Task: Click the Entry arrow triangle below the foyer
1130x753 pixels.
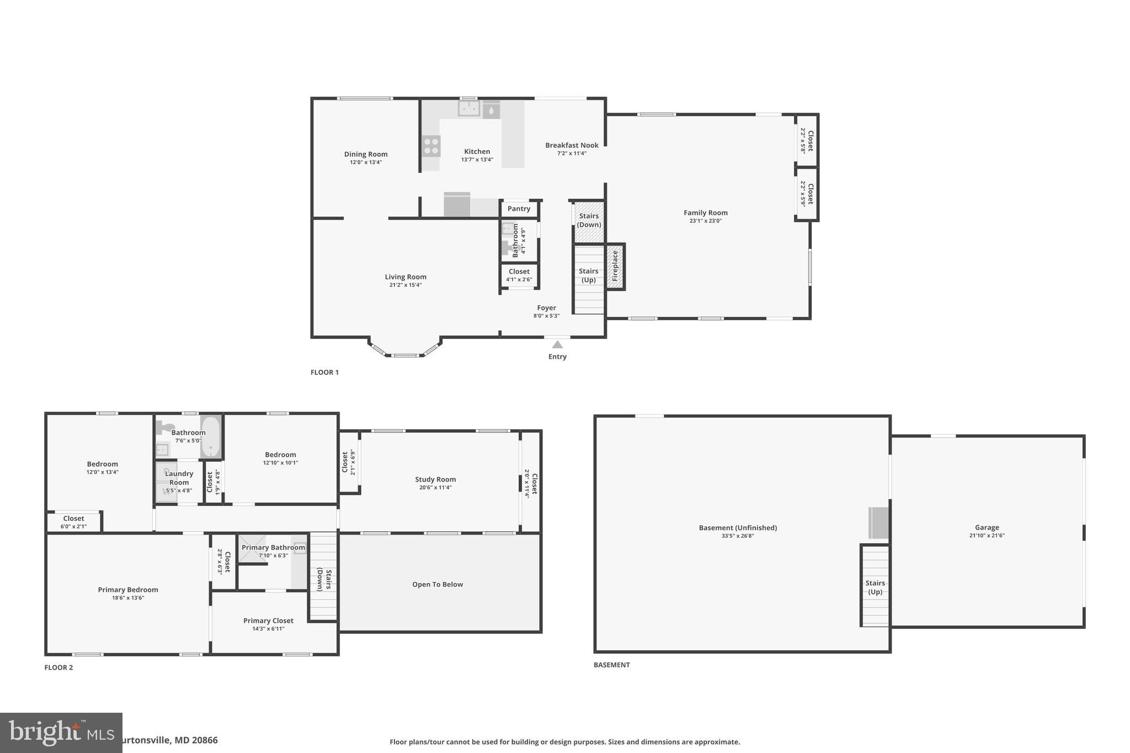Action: coord(557,344)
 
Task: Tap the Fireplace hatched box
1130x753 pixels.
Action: coord(615,266)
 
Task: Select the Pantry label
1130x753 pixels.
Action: coord(519,209)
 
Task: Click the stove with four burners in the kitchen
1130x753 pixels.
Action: coord(431,146)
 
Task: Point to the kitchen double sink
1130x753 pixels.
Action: coord(469,109)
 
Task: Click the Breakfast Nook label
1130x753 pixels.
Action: coord(572,145)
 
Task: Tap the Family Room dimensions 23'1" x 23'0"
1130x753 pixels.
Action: coord(705,221)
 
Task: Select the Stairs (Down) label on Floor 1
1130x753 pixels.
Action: coord(589,220)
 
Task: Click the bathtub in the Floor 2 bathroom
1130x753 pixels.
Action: coord(210,437)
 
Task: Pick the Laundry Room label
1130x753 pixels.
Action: coord(179,478)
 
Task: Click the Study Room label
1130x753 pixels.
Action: coord(435,479)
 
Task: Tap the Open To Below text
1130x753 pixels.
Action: coord(438,584)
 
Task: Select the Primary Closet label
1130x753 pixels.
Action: coord(268,621)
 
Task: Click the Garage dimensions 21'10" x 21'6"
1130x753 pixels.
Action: coord(987,535)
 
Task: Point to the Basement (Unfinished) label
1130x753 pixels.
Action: coord(738,527)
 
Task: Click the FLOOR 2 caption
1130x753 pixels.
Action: coord(58,667)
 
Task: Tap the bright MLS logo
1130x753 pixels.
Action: coord(61,733)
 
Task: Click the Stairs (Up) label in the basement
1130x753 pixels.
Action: coord(875,587)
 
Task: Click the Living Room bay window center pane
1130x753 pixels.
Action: coord(404,355)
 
